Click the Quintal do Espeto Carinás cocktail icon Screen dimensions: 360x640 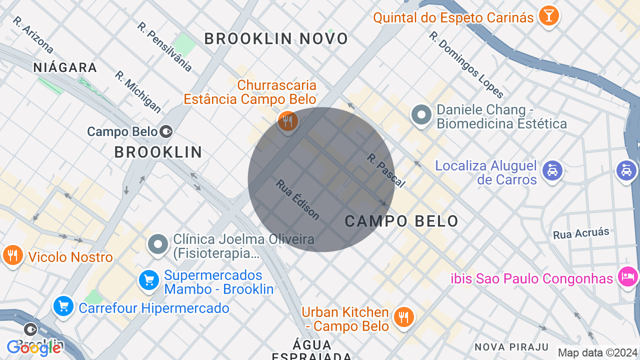point(548,16)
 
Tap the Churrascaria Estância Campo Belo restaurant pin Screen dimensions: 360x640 point(287,121)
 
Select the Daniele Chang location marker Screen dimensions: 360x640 point(421,115)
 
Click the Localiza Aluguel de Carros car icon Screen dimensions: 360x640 point(552,171)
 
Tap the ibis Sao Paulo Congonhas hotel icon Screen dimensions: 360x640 point(627,276)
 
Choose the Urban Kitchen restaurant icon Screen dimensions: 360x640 point(403,317)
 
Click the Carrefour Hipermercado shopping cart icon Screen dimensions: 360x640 point(63,307)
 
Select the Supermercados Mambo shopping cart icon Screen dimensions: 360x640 point(148,280)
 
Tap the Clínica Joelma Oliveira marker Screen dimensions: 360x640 point(158,245)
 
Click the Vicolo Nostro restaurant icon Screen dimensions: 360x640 point(12,255)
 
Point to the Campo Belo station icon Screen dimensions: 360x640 point(166,131)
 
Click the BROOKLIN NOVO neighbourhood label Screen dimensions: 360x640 point(276,39)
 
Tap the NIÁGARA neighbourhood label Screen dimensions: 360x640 point(65,67)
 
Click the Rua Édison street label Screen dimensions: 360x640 point(297,199)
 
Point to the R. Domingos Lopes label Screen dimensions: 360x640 point(466,65)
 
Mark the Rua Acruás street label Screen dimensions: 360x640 point(581,233)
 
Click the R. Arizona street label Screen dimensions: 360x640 point(33,35)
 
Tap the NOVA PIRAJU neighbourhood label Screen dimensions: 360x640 point(511,347)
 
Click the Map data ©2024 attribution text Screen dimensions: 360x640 point(598,352)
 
